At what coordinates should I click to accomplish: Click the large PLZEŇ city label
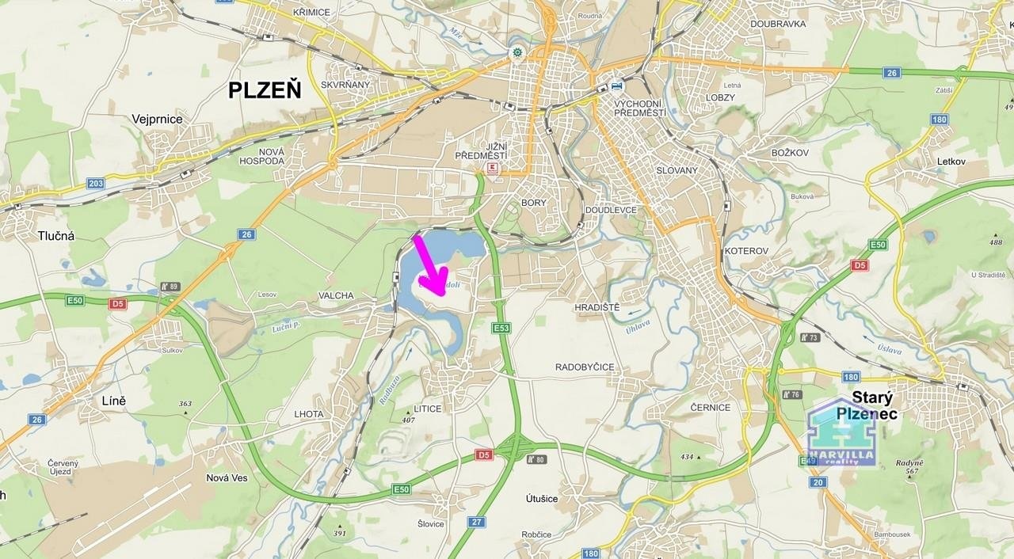point(265,90)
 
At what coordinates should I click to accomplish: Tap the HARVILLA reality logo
point(841,433)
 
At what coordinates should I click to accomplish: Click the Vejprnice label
point(157,120)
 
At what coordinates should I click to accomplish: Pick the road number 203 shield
point(96,183)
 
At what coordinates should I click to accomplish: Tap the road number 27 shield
point(476,522)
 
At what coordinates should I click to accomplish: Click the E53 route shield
point(501,328)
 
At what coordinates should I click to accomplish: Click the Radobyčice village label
point(585,367)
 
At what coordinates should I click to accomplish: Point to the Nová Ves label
point(227,477)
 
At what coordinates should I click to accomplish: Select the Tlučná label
point(55,235)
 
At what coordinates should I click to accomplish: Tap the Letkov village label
point(951,162)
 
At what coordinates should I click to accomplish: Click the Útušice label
point(542,499)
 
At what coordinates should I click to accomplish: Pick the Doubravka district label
point(779,24)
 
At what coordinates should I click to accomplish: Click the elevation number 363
point(185,404)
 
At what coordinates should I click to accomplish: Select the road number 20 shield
point(818,482)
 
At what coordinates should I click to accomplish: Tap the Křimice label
point(311,13)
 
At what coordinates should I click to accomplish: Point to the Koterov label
point(746,251)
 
